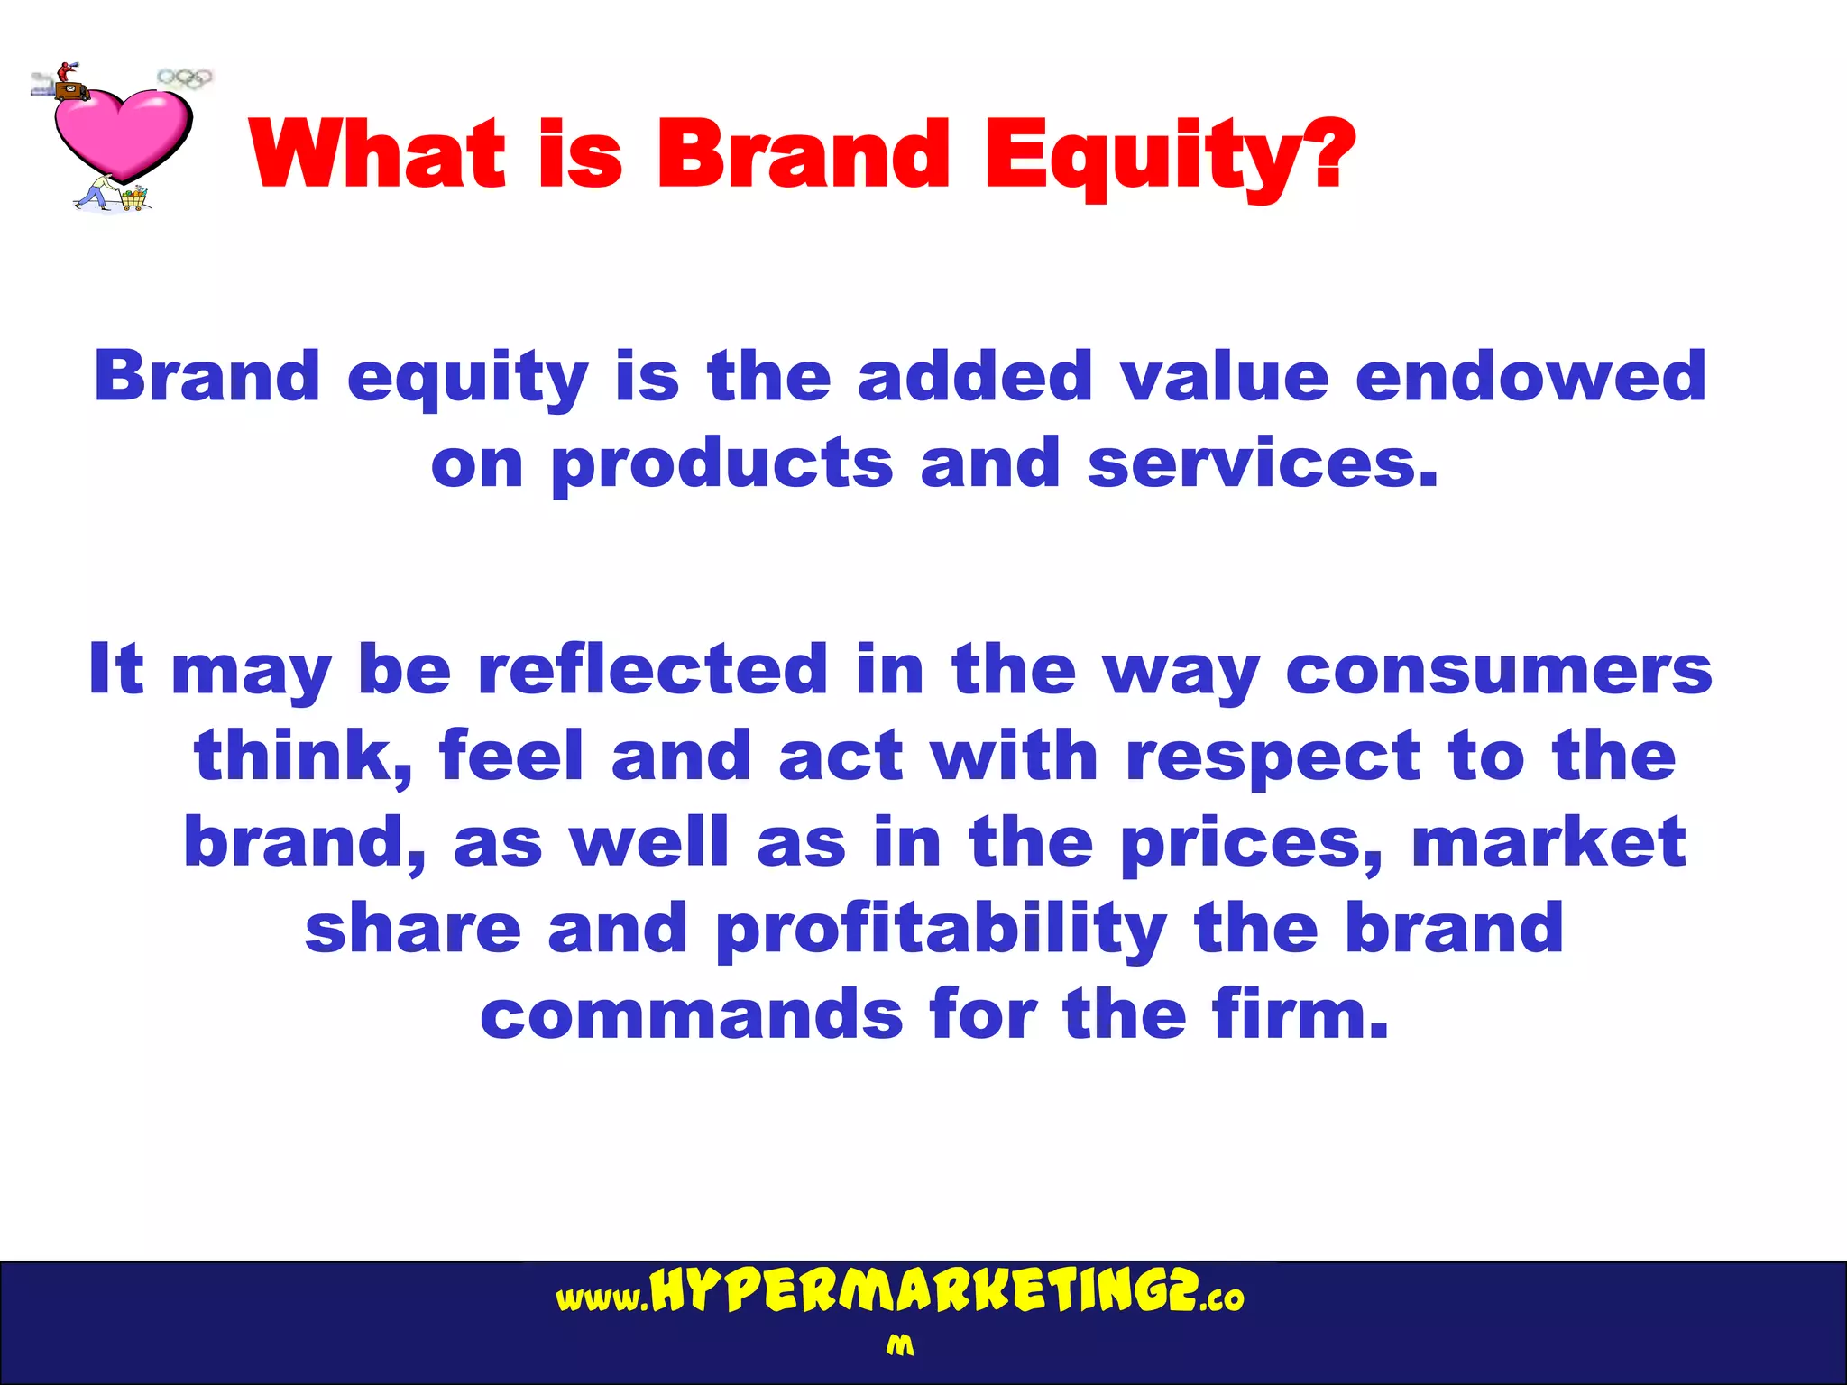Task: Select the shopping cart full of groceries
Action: [134, 197]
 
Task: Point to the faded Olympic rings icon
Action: [185, 78]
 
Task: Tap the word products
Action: [721, 464]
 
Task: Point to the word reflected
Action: [652, 669]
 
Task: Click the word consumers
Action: [1498, 671]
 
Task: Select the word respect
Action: [1273, 757]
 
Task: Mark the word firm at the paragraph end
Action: [1299, 1014]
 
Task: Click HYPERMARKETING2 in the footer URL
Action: [923, 1292]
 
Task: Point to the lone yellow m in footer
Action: [899, 1345]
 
